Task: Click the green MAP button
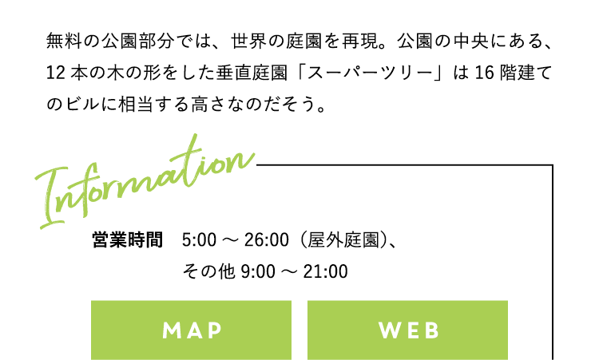191,330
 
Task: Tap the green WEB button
407,330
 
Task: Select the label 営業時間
128,239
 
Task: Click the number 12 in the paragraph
56,73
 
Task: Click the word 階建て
526,73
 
